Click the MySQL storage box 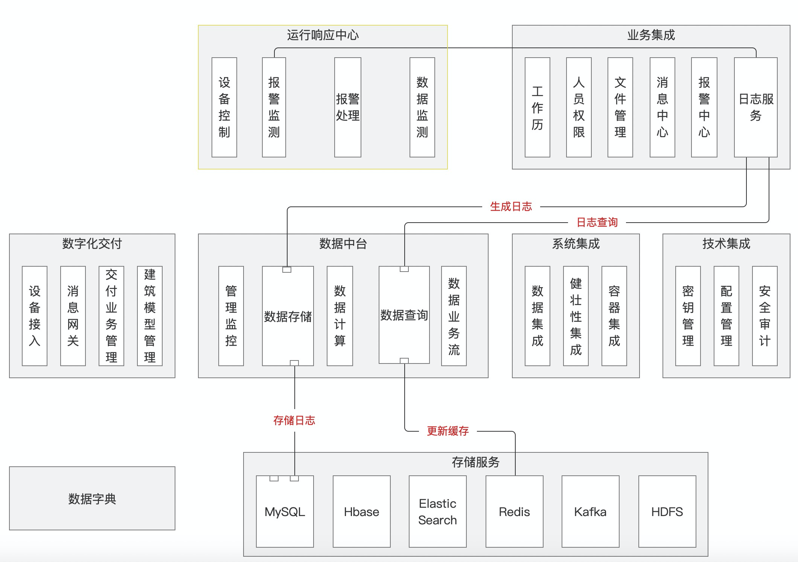(285, 512)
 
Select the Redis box (514, 512)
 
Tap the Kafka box (590, 512)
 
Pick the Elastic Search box (437, 512)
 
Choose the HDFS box (667, 512)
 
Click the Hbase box (361, 512)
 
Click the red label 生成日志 (511, 206)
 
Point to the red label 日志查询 (597, 222)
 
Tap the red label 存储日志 (294, 420)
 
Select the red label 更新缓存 (448, 431)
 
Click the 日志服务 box (755, 107)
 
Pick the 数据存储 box (288, 316)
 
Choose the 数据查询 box (404, 315)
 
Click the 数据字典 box (92, 498)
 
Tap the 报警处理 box (347, 107)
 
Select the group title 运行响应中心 (323, 35)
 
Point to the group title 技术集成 (726, 244)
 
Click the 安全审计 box (764, 316)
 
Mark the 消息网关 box (73, 316)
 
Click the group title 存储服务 (475, 462)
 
